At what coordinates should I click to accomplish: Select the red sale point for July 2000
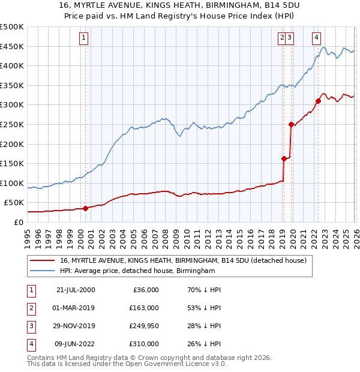pos(85,208)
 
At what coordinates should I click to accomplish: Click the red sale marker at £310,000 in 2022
pos(318,101)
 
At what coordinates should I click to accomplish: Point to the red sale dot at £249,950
pos(292,125)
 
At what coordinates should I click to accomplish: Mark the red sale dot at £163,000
pos(284,158)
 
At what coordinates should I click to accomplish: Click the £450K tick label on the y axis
pos(12,47)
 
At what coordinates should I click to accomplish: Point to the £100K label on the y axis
pos(12,183)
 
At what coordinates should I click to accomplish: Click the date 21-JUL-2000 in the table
pos(76,290)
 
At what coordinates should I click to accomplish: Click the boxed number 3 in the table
pos(29,328)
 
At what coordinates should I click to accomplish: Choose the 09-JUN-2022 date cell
pos(76,344)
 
